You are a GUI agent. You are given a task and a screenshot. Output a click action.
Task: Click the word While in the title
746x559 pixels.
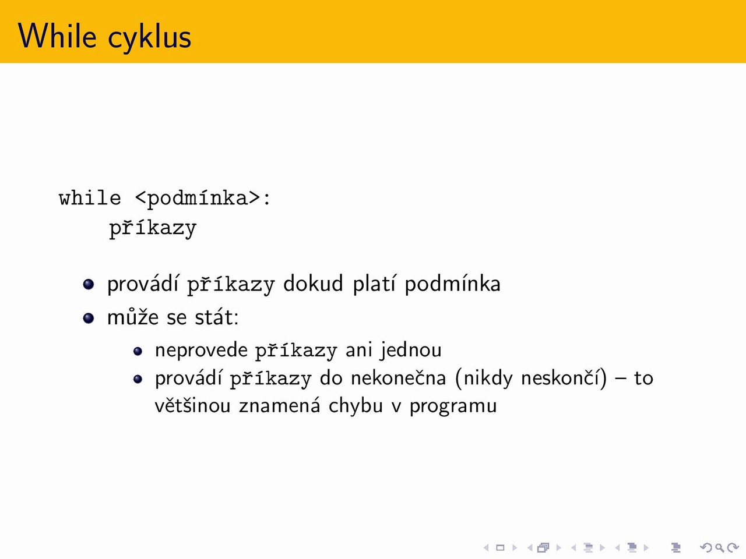(x=57, y=36)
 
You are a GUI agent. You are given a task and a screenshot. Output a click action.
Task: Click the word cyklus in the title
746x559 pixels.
(x=150, y=38)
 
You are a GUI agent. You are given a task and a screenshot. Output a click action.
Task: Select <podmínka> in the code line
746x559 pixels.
(x=198, y=198)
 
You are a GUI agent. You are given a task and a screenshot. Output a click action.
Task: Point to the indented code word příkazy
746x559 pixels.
(x=153, y=228)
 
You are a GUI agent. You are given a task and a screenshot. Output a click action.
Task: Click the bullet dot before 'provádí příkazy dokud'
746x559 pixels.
(x=89, y=284)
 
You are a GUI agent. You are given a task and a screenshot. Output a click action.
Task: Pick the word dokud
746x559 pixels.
(x=313, y=283)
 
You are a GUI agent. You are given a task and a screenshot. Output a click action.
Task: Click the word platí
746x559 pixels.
(x=374, y=284)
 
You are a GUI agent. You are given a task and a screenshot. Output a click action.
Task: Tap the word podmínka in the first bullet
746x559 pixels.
(x=452, y=284)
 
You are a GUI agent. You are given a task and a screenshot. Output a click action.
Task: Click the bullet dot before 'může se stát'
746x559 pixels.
(x=89, y=318)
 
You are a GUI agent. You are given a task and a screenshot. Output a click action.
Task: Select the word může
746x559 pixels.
(x=133, y=317)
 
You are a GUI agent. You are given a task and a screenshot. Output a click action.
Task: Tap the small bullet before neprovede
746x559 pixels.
(x=138, y=351)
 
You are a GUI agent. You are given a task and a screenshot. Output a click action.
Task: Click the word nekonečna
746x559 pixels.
(x=398, y=378)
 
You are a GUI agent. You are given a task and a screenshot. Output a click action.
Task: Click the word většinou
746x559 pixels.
(x=193, y=405)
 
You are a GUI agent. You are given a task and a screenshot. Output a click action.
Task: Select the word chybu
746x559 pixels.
(x=356, y=406)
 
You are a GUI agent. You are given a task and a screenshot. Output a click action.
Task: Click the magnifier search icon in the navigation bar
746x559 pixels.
(x=719, y=547)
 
